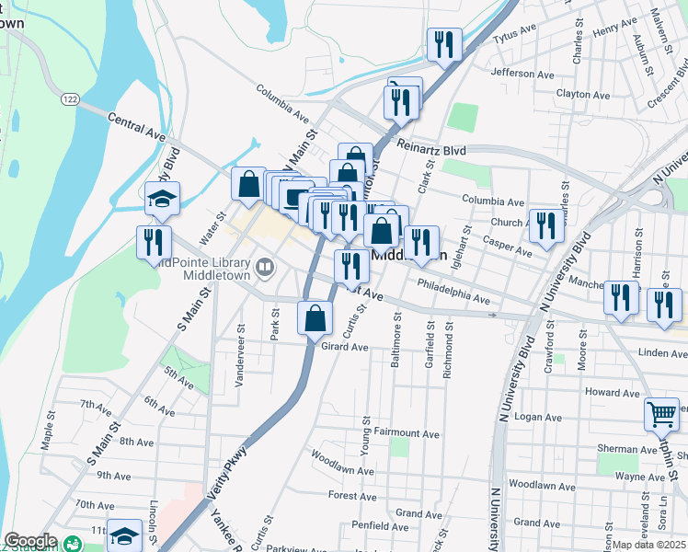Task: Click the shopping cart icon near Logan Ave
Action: coord(661,414)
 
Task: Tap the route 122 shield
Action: coord(69,97)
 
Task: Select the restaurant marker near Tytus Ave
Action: coord(444,44)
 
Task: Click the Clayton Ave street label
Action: coord(583,95)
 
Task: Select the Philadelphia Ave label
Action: coord(453,292)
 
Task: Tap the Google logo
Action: coord(29,541)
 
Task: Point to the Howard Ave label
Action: coord(612,393)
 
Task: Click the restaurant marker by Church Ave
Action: coord(545,225)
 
